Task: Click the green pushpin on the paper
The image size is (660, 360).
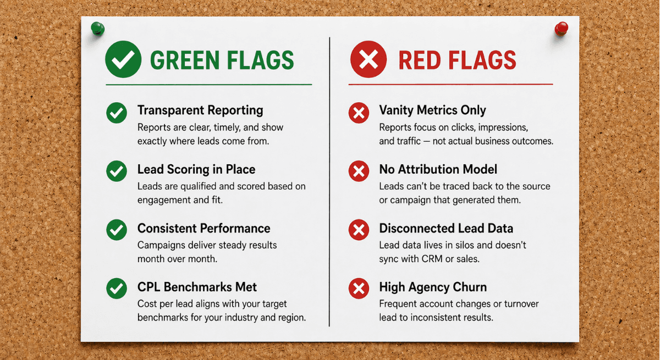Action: pos(97,27)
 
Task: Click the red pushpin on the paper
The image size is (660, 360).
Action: pos(562,27)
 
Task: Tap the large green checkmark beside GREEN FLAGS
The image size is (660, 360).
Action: pos(123,60)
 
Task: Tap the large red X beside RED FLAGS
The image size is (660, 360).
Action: pos(369,60)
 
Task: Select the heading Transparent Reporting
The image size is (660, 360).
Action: pos(200,110)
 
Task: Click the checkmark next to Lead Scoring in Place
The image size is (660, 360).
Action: pos(117,171)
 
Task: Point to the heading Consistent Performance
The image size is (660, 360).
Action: pos(204,228)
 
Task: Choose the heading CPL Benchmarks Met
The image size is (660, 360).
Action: pos(197,287)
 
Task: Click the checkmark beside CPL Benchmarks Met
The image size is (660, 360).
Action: pos(117,289)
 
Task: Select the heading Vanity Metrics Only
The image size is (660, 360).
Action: pos(432,110)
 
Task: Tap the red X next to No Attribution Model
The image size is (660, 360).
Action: pos(359,171)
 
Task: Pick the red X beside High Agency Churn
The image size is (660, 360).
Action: pos(359,289)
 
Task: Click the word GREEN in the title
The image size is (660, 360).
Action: pos(182,60)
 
